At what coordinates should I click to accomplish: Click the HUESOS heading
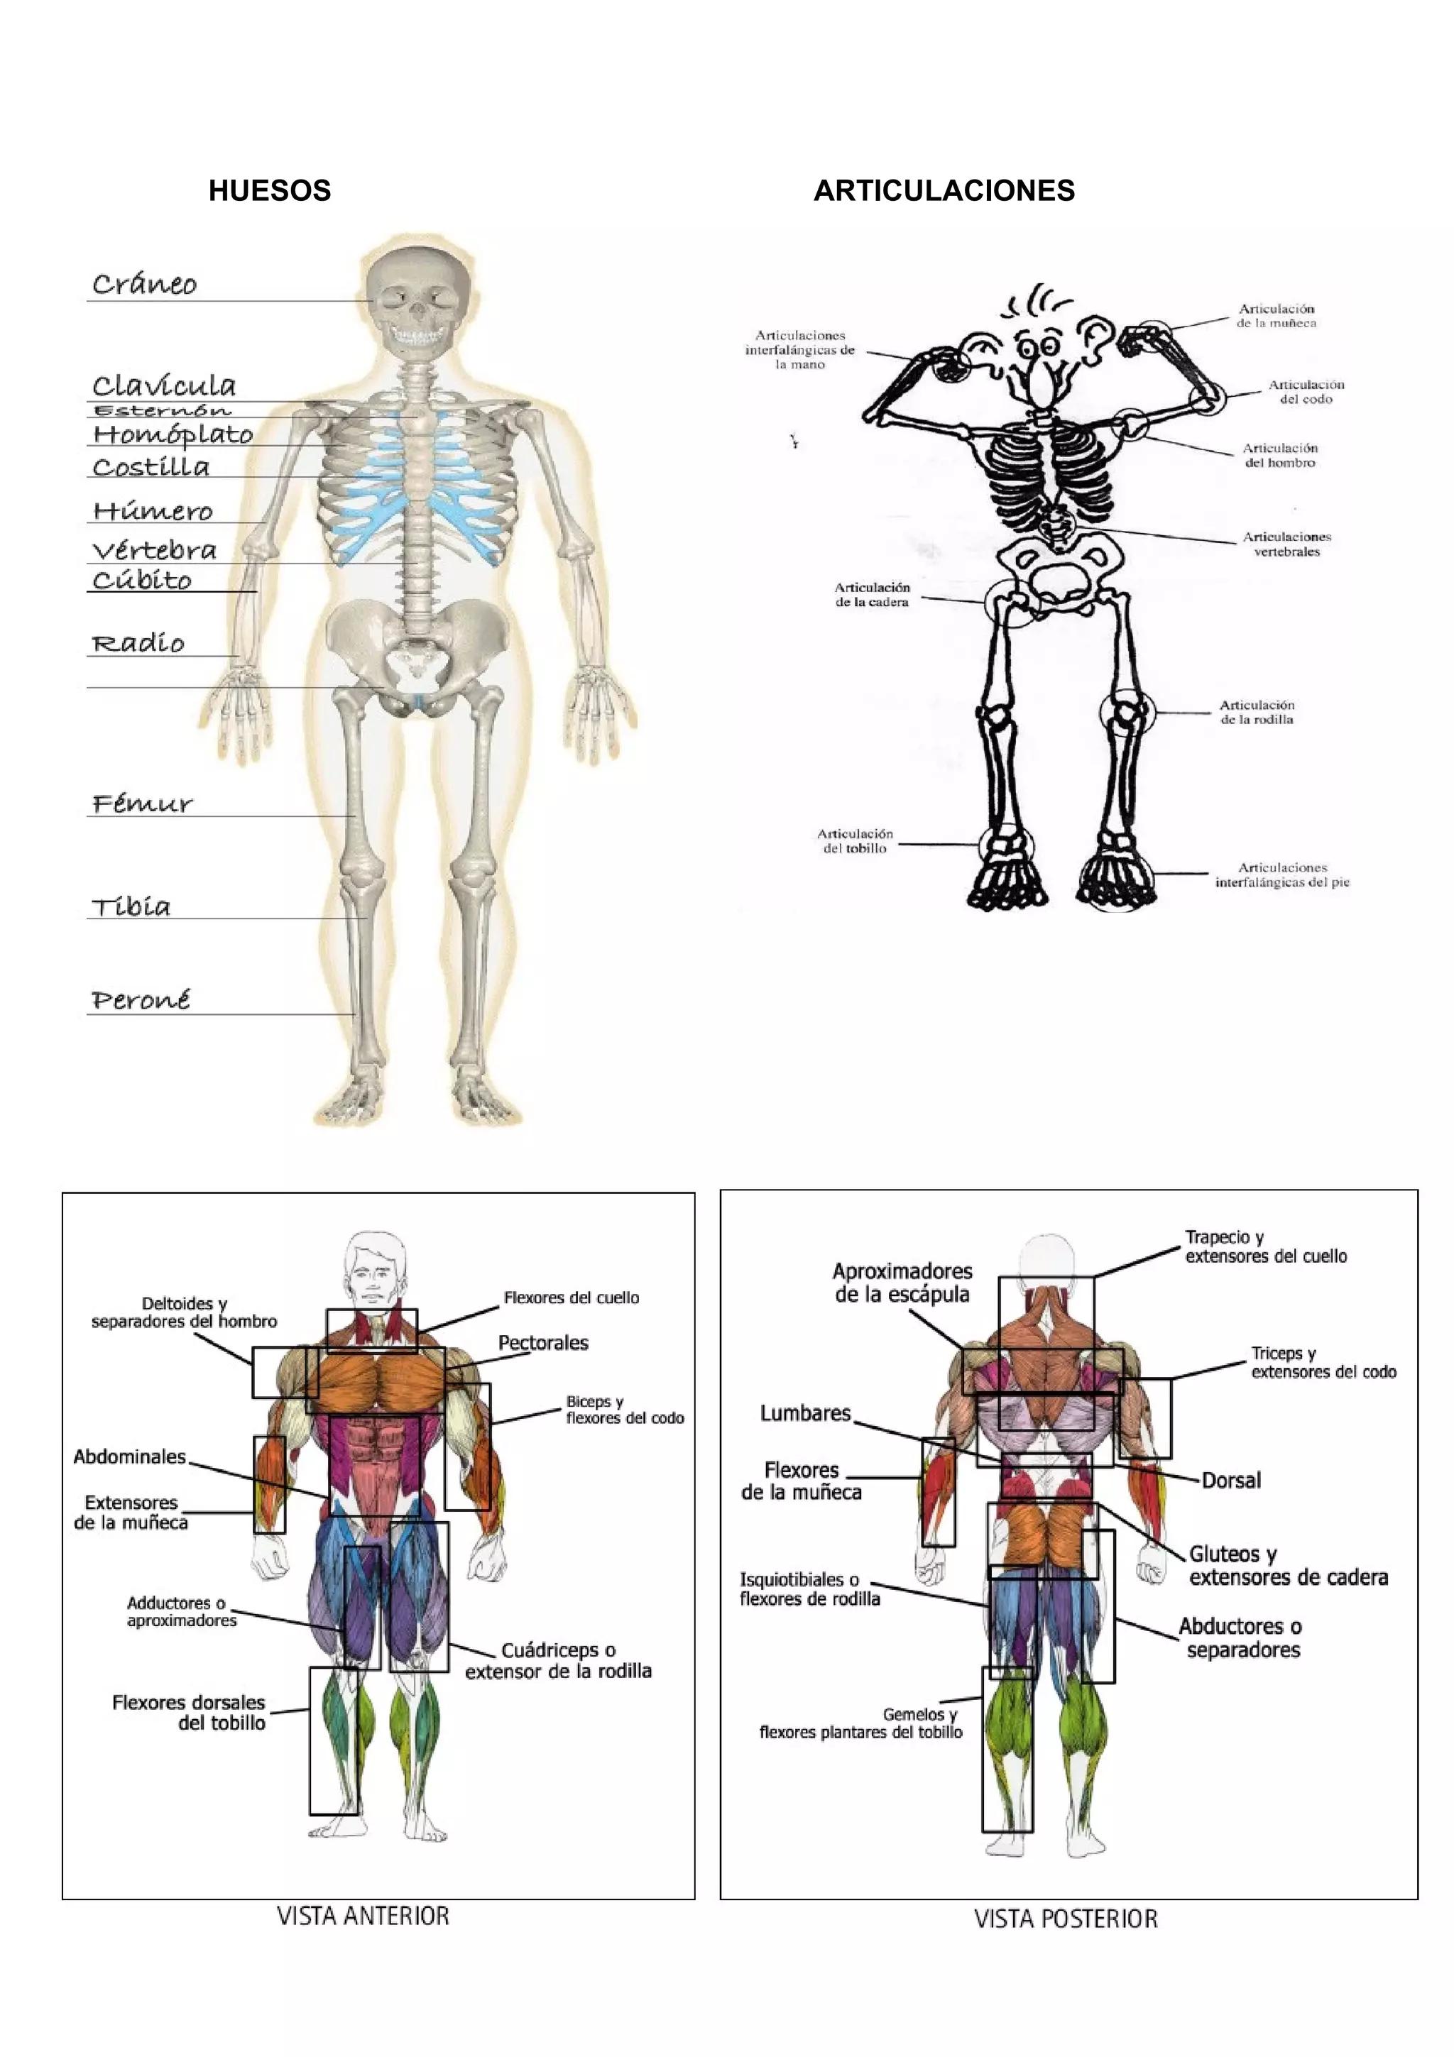pyautogui.click(x=270, y=191)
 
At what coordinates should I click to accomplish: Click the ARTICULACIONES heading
pyautogui.click(x=944, y=191)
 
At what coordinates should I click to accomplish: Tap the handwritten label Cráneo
pyautogui.click(x=144, y=284)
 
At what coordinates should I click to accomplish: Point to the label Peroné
pyautogui.click(x=141, y=1000)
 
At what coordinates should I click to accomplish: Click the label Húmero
pyautogui.click(x=153, y=512)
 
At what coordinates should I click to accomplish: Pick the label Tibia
pyautogui.click(x=131, y=906)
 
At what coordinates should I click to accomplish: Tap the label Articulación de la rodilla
pyautogui.click(x=1256, y=712)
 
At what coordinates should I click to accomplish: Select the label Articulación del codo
pyautogui.click(x=1306, y=392)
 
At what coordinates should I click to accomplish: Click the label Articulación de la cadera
pyautogui.click(x=872, y=595)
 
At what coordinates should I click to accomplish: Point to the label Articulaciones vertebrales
pyautogui.click(x=1286, y=544)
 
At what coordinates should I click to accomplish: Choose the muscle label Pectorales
pyautogui.click(x=543, y=1343)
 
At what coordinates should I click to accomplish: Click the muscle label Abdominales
pyautogui.click(x=130, y=1457)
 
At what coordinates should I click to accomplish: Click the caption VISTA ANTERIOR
pyautogui.click(x=363, y=1916)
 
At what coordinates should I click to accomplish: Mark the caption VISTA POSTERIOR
pyautogui.click(x=1065, y=1919)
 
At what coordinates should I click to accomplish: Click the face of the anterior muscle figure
pyautogui.click(x=374, y=1277)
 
